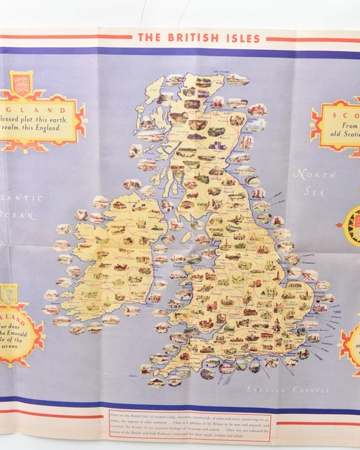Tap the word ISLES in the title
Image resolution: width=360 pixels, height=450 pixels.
(x=240, y=38)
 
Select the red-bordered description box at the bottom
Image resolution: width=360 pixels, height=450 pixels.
(x=190, y=425)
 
